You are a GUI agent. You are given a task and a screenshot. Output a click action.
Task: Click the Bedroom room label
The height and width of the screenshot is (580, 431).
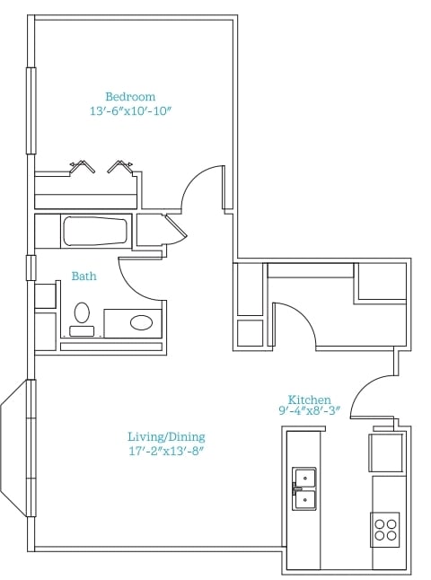click(130, 97)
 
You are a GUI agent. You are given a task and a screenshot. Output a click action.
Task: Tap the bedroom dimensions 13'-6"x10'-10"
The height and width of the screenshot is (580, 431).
click(131, 111)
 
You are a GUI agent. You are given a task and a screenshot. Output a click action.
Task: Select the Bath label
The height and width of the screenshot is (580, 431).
click(84, 276)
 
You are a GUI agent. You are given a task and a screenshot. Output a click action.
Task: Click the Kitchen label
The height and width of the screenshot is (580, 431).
click(309, 400)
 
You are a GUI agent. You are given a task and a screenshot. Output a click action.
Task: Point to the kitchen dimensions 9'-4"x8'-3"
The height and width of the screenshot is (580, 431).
click(309, 410)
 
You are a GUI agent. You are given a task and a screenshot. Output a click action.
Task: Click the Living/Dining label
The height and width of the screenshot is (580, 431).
click(166, 437)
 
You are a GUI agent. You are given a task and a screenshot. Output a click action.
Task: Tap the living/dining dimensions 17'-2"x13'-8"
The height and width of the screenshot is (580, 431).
click(166, 451)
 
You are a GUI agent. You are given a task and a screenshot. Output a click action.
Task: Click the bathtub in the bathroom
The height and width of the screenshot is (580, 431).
click(95, 232)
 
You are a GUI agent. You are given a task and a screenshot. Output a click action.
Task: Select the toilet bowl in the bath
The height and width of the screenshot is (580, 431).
click(82, 312)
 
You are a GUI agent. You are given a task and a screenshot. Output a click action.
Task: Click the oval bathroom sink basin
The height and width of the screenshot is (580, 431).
click(141, 322)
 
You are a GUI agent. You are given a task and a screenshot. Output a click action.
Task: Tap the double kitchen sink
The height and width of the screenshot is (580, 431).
click(304, 489)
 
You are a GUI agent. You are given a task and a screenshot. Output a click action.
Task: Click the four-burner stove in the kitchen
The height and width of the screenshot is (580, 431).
click(385, 530)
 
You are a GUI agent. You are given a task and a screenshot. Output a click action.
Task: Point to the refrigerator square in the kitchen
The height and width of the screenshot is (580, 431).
click(385, 453)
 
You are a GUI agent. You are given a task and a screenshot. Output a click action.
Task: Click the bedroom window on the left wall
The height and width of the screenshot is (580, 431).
click(31, 110)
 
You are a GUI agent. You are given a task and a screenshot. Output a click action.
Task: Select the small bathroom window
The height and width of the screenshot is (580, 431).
click(31, 268)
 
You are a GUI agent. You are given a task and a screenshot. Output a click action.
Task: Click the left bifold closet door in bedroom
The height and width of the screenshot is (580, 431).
click(82, 166)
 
